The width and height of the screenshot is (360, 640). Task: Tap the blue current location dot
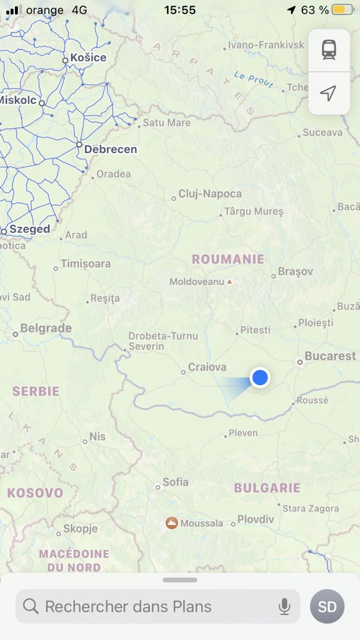click(x=259, y=377)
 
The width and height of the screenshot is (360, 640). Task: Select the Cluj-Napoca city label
click(x=210, y=194)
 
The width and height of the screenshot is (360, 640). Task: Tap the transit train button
click(x=329, y=49)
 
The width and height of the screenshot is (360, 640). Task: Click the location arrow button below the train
click(x=329, y=93)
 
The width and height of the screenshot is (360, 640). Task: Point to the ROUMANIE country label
click(x=227, y=259)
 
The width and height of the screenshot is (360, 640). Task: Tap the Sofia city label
click(x=175, y=482)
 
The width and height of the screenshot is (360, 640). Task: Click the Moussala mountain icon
click(x=171, y=522)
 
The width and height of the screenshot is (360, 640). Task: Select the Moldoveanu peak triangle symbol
click(x=229, y=282)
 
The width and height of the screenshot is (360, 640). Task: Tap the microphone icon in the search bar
click(x=284, y=606)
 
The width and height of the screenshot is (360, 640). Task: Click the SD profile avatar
click(x=327, y=606)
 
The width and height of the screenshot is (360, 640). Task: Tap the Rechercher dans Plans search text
click(x=128, y=606)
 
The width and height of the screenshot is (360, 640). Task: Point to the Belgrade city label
click(x=46, y=328)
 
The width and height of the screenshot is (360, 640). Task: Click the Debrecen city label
click(x=110, y=149)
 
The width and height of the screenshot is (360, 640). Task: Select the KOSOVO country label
click(x=35, y=492)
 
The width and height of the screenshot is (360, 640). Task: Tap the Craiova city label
click(x=207, y=367)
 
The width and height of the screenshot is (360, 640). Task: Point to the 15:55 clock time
click(x=180, y=10)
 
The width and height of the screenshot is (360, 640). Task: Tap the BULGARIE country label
click(x=267, y=487)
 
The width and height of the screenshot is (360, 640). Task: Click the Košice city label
click(x=88, y=57)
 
